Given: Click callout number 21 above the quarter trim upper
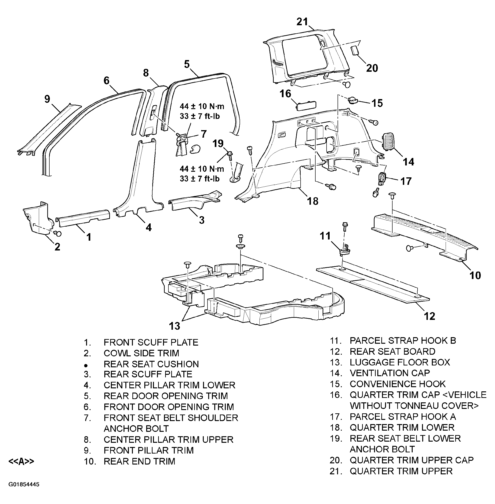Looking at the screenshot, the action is point(302,22).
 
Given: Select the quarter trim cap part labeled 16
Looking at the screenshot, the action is point(306,105).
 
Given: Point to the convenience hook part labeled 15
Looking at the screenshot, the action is point(353,100).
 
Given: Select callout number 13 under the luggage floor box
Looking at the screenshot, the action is point(175,326).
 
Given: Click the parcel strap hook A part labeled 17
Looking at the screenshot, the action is point(381,179).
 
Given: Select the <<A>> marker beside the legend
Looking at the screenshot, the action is point(21,461).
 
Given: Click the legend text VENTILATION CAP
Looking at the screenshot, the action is point(390,373).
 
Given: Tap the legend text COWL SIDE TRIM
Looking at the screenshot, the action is point(142,353).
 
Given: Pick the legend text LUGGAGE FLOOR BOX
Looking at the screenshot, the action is point(400,362).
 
